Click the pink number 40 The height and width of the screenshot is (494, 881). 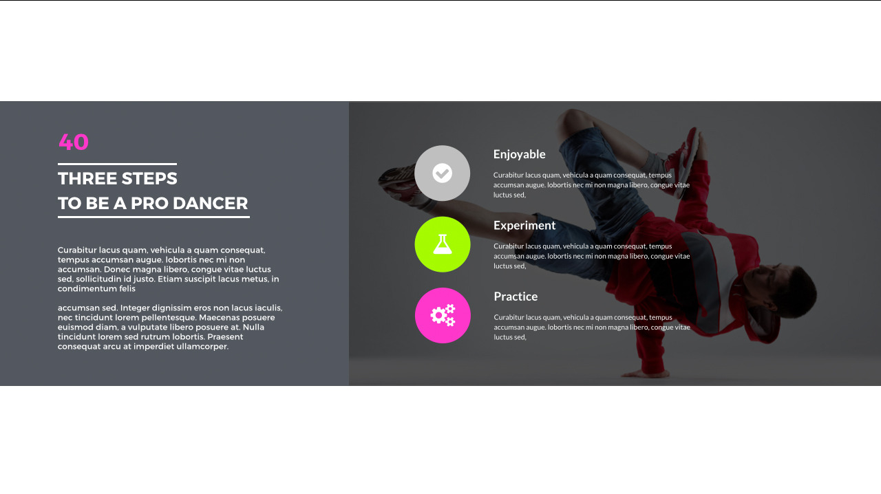click(x=74, y=142)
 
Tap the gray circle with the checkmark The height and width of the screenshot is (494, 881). click(x=443, y=173)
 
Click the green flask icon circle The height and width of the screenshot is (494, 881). click(x=443, y=244)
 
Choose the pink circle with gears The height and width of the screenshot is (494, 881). click(x=443, y=315)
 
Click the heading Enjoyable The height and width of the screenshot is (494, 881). click(x=519, y=154)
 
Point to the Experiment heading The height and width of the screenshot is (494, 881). click(x=524, y=225)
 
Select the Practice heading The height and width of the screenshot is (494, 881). click(x=516, y=297)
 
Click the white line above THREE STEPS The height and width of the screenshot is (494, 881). click(x=117, y=164)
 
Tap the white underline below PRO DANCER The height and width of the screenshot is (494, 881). click(x=153, y=217)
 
